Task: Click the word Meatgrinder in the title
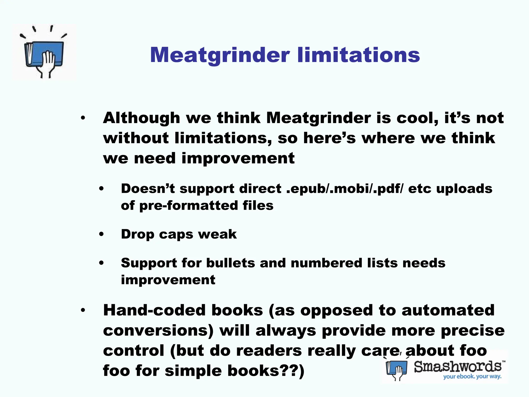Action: coord(220,55)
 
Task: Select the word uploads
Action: coord(464,189)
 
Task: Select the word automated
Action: coord(448,310)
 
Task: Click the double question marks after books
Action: coord(288,371)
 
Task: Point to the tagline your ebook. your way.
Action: coord(472,377)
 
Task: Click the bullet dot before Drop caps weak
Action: coord(102,234)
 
